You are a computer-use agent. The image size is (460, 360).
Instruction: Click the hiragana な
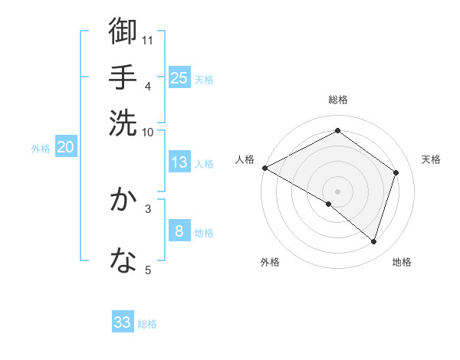123,260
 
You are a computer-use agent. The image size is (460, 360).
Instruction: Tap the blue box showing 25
179,78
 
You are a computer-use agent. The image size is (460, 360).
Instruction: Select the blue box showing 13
179,162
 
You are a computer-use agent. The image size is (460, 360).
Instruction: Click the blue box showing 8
179,231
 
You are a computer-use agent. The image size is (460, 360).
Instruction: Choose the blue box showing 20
65,148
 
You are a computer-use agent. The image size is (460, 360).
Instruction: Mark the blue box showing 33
123,322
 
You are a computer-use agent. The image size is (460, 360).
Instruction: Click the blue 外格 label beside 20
41,149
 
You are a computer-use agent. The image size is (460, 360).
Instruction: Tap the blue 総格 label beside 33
147,324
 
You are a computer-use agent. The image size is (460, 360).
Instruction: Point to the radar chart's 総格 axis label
338,100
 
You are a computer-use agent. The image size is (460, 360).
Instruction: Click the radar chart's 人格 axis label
245,159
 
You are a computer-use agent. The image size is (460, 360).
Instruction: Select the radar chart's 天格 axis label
431,159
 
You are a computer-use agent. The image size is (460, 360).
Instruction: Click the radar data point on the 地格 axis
373,241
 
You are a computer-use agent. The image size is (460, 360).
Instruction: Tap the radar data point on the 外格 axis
329,204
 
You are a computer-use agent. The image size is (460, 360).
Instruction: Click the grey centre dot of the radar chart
337,191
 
